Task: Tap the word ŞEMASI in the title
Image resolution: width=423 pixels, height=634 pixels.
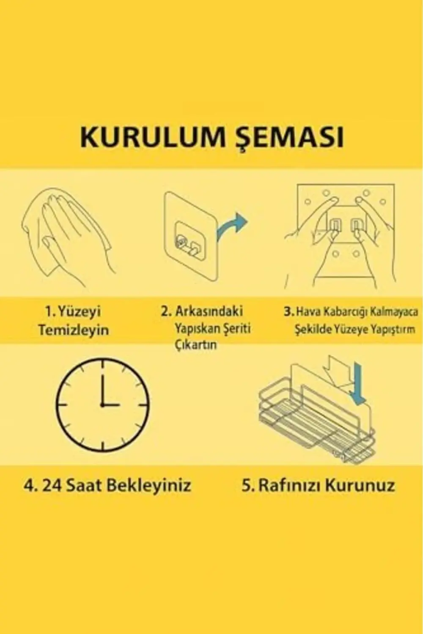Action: tap(290, 137)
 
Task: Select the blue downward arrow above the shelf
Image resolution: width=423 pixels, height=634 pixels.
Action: tap(359, 382)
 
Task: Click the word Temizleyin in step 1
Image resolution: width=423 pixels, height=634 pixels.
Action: tap(74, 330)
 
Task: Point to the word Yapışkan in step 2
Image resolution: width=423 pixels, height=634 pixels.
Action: tap(195, 328)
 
